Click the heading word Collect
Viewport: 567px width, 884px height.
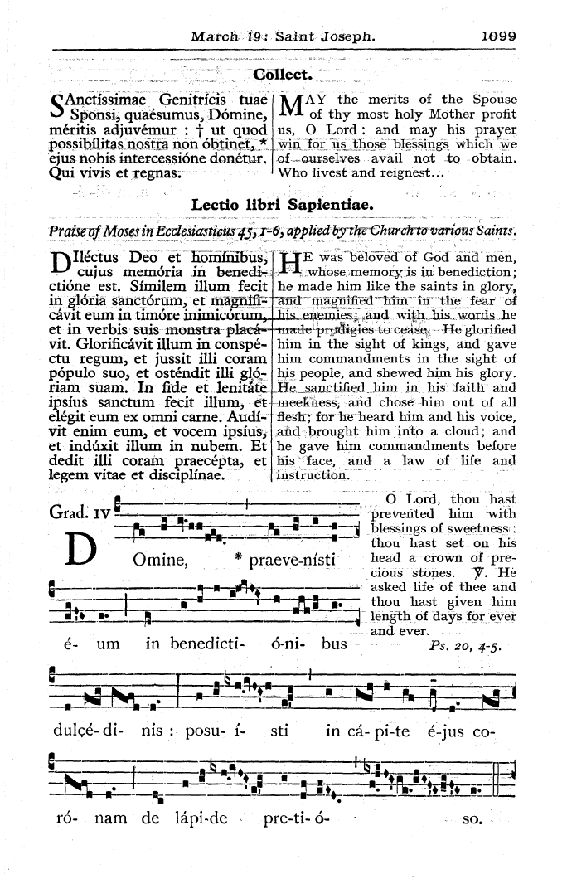[x=283, y=76]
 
